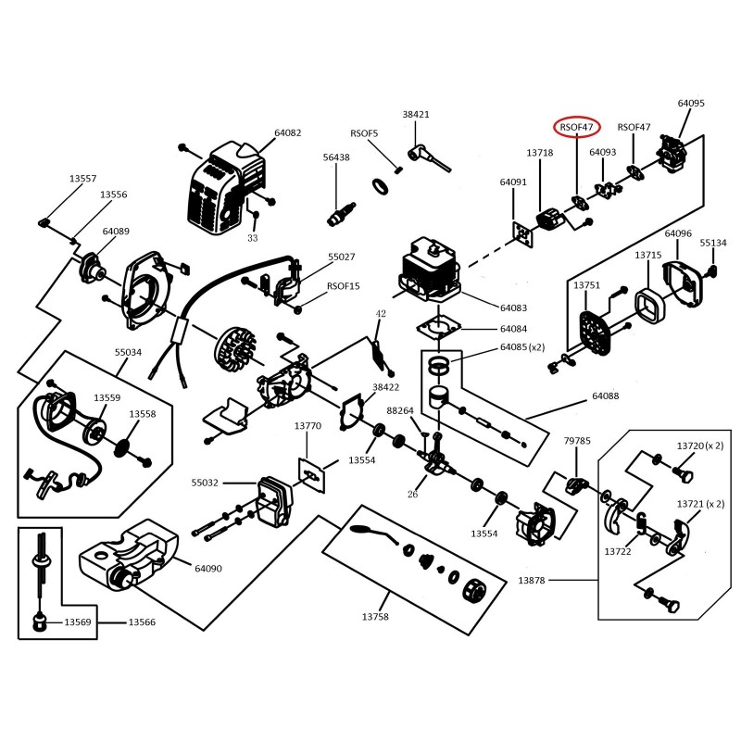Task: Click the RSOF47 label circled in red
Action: [x=576, y=127]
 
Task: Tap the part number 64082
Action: [x=288, y=132]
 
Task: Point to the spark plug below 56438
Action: [x=341, y=213]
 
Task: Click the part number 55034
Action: [x=128, y=352]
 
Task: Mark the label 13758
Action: [x=375, y=617]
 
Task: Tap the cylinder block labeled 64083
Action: [x=431, y=270]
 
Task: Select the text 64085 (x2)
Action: [x=522, y=346]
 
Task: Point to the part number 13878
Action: [x=532, y=581]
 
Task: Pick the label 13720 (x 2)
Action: [x=700, y=446]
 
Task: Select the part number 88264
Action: [x=400, y=410]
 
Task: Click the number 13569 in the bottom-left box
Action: [x=78, y=622]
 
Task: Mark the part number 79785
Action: [x=577, y=441]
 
